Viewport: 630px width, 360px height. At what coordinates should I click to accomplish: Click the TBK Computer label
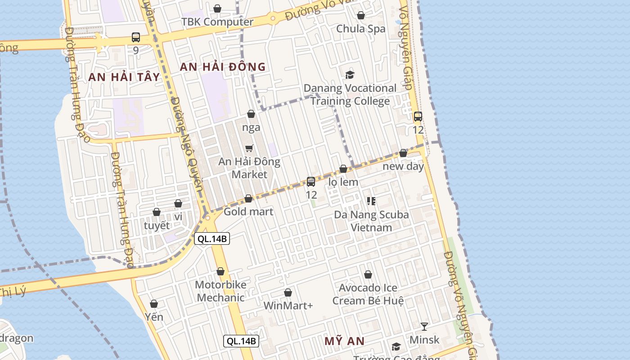(x=217, y=22)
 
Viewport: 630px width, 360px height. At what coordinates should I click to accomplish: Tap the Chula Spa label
(x=361, y=29)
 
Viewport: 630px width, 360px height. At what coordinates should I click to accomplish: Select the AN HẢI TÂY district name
(x=124, y=77)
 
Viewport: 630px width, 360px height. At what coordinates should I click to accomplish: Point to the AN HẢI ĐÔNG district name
(x=223, y=67)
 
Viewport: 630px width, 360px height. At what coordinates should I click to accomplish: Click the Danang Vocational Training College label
(x=350, y=94)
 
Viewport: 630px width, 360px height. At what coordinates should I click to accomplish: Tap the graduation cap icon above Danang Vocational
(x=350, y=75)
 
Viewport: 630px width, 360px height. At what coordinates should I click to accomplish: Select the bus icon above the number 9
(x=135, y=37)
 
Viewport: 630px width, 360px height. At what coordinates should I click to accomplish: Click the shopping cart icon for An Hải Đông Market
(x=249, y=148)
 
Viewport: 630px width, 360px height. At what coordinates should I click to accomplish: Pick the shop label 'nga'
(x=251, y=127)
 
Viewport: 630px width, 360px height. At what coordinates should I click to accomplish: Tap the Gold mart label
(x=248, y=211)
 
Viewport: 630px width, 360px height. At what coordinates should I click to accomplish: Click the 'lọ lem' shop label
(x=343, y=182)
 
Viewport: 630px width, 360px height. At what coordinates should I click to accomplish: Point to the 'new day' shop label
(x=403, y=166)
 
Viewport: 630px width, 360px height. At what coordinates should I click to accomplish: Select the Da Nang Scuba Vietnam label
(x=371, y=221)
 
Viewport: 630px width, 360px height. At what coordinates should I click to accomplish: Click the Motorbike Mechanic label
(x=220, y=291)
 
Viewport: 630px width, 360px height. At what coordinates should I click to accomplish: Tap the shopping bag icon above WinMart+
(x=288, y=293)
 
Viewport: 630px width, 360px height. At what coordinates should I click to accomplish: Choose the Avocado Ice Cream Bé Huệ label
(x=368, y=294)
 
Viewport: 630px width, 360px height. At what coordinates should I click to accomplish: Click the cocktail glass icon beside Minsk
(x=424, y=326)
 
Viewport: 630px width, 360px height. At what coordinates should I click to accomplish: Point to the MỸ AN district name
(x=344, y=341)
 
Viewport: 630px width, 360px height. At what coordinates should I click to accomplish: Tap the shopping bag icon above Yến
(x=154, y=304)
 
